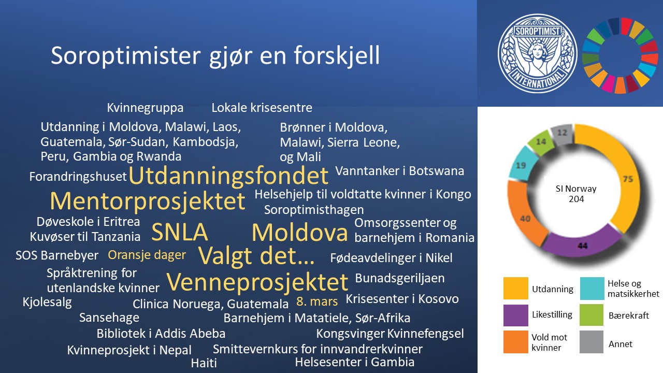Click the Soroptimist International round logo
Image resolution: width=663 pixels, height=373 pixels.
(x=538, y=53)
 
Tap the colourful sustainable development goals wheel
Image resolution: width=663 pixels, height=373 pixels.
(x=621, y=55)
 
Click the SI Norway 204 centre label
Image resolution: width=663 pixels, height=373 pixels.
(x=576, y=194)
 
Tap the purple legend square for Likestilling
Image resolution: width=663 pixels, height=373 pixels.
(x=515, y=315)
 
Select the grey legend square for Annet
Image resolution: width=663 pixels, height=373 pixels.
(x=592, y=342)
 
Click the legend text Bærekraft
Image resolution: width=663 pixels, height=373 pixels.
(x=629, y=315)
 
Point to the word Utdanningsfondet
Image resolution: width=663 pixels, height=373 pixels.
(x=228, y=176)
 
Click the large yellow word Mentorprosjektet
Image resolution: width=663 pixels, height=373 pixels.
(x=148, y=202)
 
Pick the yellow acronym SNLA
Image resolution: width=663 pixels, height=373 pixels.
(x=179, y=232)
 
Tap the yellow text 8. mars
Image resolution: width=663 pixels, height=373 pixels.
(x=317, y=302)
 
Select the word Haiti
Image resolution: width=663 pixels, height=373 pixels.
(x=204, y=363)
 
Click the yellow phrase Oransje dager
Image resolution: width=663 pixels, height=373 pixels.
(x=147, y=255)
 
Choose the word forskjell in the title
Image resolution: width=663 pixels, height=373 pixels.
(x=337, y=55)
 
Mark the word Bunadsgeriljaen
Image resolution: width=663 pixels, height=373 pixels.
(x=399, y=278)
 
